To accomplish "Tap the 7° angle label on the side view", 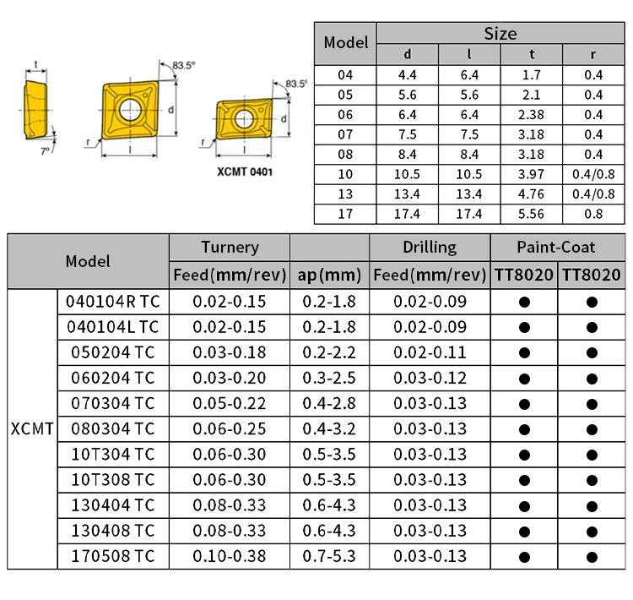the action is pos(45,151).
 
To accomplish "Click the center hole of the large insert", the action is pos(129,109).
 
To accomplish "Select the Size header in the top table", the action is pos(500,35).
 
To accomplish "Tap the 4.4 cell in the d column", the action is pos(408,74).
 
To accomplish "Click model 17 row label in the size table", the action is pos(346,214).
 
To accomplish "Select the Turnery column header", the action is pos(230,247).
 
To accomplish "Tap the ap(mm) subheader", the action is pos(329,275).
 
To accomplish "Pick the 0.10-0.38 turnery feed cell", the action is pos(230,556).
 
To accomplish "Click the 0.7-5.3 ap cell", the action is pos(329,556).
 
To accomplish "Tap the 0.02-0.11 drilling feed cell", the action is pos(430,352).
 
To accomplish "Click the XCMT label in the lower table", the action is pos(33,428).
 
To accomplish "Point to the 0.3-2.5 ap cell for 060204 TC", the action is pos(329,377).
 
